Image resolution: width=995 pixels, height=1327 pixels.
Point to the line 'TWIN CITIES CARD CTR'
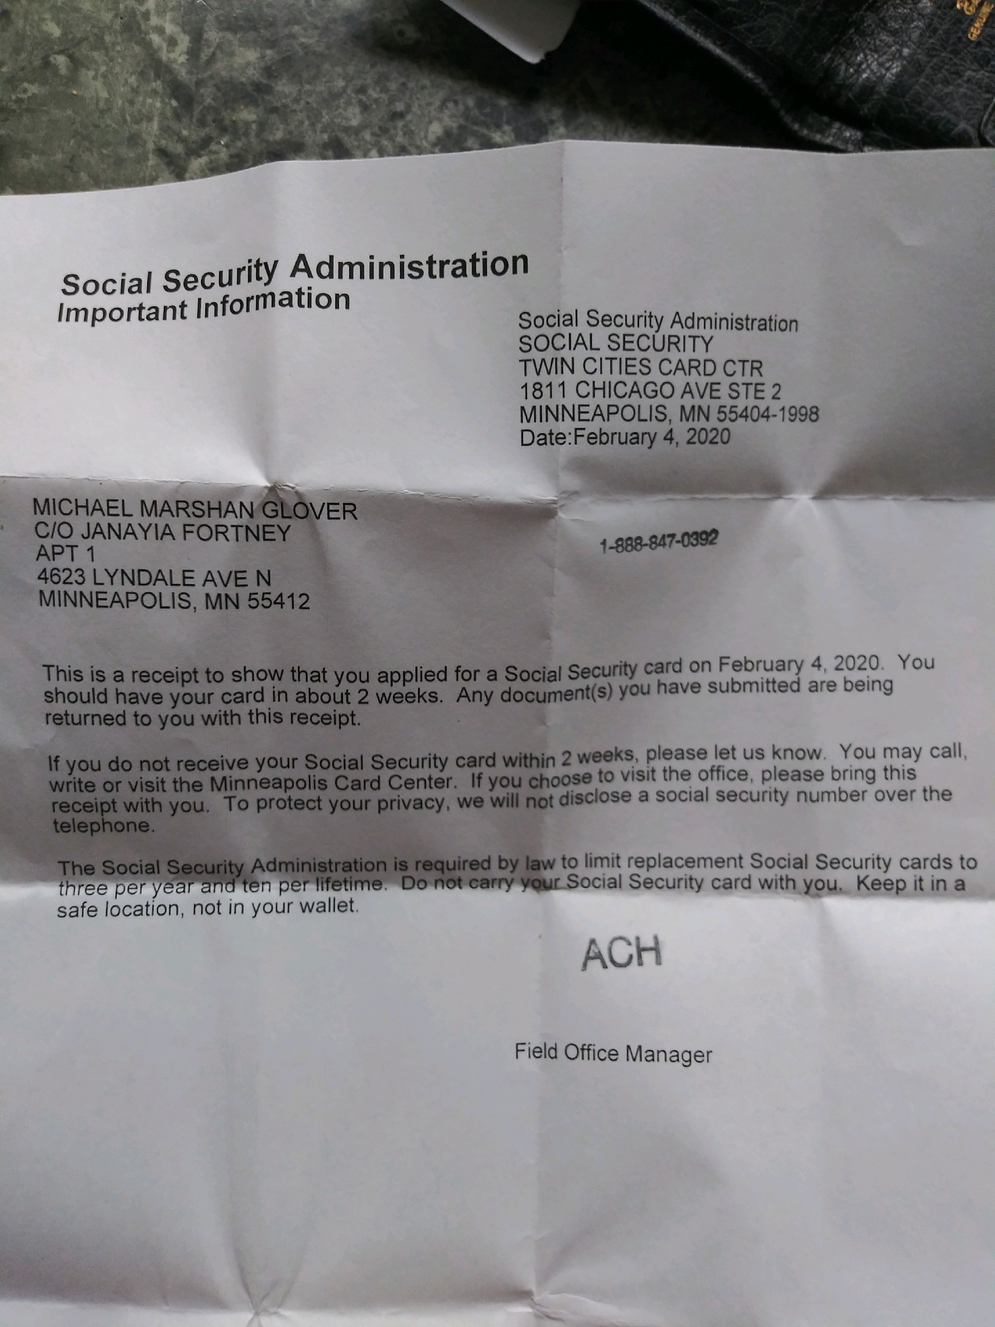click(641, 367)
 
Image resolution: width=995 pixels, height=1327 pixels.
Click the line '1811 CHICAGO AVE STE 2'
click(650, 391)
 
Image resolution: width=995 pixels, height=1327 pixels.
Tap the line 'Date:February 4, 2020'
click(625, 437)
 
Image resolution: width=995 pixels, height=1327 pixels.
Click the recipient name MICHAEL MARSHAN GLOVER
click(195, 510)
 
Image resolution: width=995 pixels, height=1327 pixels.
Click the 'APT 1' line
click(65, 554)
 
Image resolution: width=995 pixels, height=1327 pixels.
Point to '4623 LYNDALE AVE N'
click(154, 578)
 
